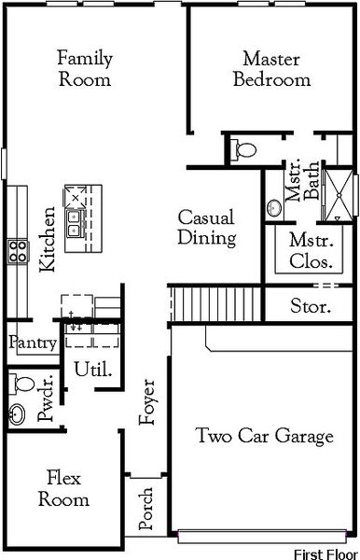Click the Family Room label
pos(85,68)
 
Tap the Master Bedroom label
pos(270,68)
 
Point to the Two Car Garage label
pos(264,435)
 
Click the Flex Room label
pos(64,489)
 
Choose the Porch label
pos(146,509)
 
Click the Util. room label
pos(93,369)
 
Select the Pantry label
pos(33,343)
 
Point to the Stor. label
pos(310,304)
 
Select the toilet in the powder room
pos(21,383)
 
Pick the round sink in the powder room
pos(19,413)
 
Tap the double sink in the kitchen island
pos(75,221)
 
